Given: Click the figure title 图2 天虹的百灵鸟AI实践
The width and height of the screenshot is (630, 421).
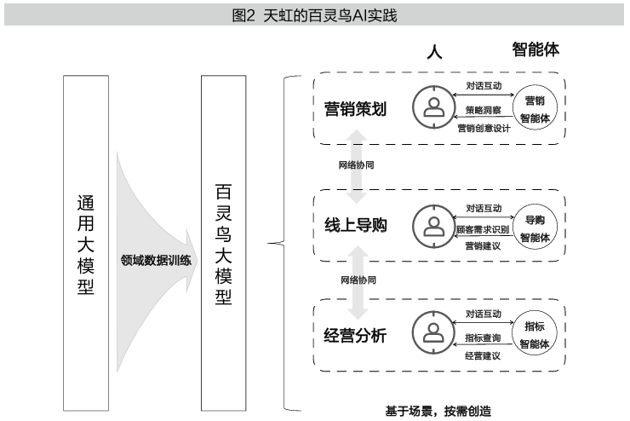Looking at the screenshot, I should (x=314, y=14).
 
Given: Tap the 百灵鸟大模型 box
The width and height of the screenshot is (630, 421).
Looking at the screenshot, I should (x=222, y=241).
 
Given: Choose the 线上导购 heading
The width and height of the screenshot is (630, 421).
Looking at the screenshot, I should (x=356, y=226).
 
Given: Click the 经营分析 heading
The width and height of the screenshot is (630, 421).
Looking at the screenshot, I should (x=356, y=335).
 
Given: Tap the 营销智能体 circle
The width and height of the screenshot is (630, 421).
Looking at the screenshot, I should (x=535, y=108).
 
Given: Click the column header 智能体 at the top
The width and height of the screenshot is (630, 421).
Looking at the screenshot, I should (x=535, y=49).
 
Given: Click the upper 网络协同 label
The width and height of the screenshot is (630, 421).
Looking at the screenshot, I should (x=358, y=164).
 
